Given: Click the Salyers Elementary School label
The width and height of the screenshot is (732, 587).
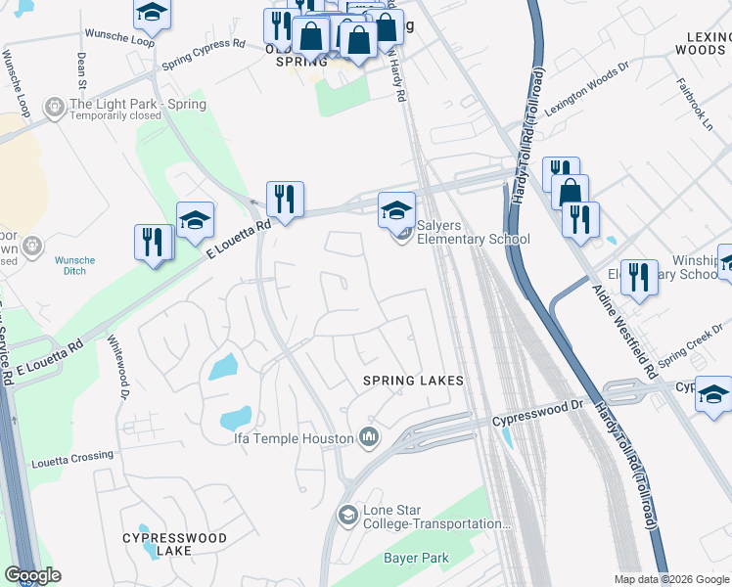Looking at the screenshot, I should click(473, 232).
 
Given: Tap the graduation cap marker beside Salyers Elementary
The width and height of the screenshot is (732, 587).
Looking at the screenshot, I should click(396, 210).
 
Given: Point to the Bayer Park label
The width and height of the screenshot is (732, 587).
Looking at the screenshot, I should click(415, 559).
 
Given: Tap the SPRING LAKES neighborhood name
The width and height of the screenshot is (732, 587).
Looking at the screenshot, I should click(412, 380).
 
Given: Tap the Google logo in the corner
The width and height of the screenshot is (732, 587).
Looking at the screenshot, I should click(33, 575).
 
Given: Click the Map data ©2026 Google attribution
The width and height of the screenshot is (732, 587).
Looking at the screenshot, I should click(671, 578).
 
